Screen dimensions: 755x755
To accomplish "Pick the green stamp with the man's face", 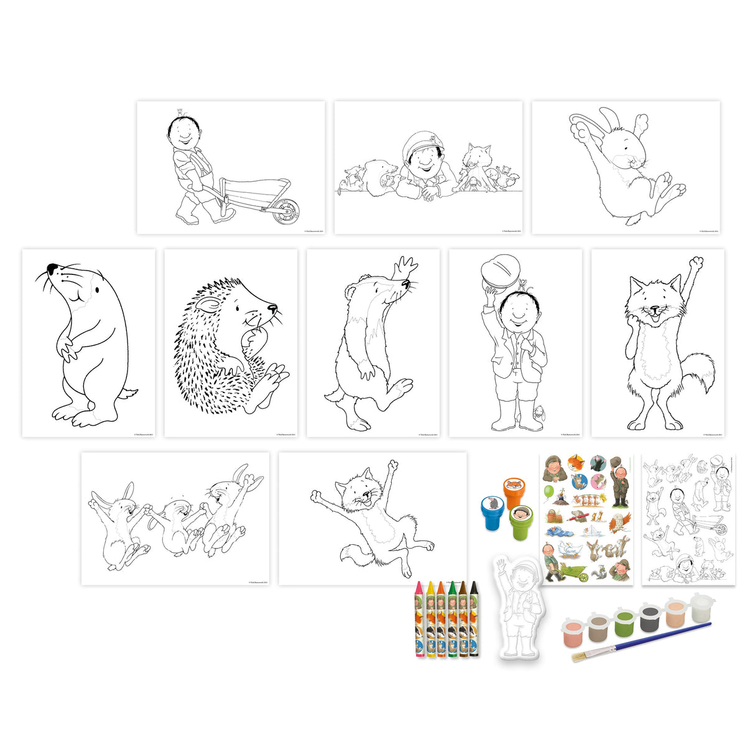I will [521, 522].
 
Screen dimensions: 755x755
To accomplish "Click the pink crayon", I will [419, 619].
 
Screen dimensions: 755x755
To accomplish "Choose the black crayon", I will [474, 619].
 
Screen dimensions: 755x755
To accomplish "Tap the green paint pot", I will [624, 622].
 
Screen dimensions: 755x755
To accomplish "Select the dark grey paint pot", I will [651, 616].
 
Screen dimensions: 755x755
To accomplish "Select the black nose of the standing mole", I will [52, 269].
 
